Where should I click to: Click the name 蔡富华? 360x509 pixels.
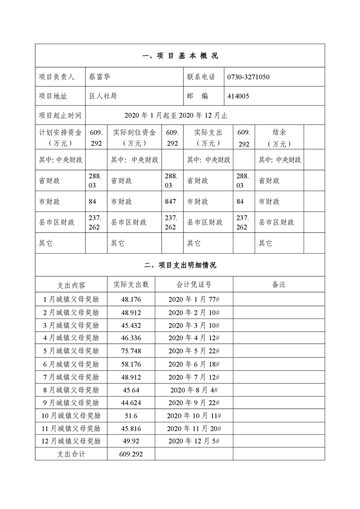100,77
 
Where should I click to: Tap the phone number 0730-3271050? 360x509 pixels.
248,77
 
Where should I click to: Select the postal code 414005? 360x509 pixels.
238,96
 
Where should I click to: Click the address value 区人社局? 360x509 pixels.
104,96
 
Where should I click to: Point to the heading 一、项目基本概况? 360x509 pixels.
180,56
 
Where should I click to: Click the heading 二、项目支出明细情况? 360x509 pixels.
180,265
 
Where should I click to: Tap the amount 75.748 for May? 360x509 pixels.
131,351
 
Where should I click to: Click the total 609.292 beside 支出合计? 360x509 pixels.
131,454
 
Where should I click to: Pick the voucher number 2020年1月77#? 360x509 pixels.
194,299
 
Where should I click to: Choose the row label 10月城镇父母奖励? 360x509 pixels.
71,416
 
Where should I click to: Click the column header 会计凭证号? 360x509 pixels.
194,284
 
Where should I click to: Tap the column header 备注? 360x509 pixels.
279,284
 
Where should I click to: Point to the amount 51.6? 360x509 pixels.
131,416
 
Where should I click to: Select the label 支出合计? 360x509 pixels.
71,454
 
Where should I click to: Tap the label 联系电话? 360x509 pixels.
201,77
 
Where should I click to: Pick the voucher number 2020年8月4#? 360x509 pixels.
194,390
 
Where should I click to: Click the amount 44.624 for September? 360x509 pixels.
131,403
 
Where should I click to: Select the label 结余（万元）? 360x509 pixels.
279,138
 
